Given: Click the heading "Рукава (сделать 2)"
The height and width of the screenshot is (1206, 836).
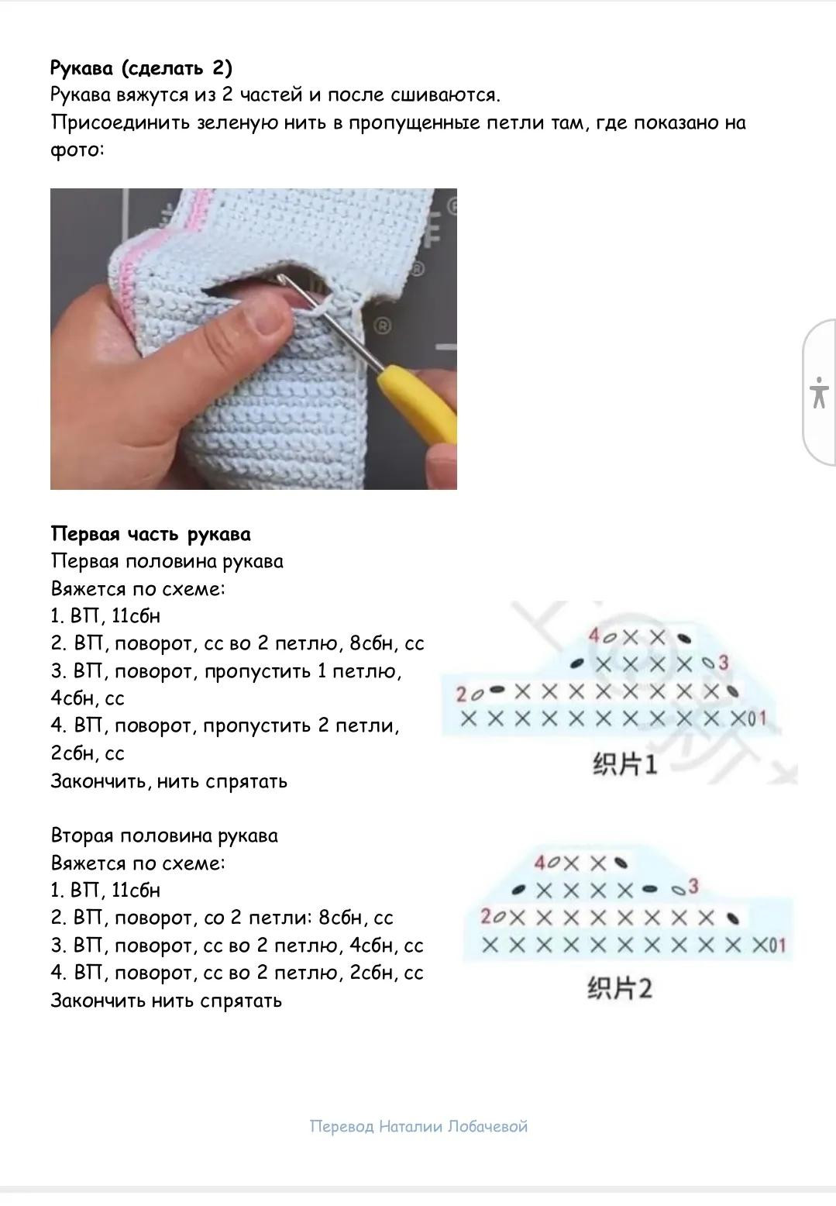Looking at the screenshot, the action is tap(141, 68).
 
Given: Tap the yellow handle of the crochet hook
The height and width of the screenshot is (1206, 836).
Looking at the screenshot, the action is tap(418, 401).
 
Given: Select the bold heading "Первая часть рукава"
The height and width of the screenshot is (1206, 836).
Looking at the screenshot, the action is tap(151, 534).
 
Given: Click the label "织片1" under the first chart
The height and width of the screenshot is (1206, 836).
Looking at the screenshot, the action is tap(625, 764).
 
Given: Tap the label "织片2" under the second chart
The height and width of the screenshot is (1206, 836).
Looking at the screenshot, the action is tap(619, 988).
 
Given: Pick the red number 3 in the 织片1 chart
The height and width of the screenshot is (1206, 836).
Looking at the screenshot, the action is tap(723, 662).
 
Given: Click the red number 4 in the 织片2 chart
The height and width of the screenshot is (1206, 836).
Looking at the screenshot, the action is tap(540, 863).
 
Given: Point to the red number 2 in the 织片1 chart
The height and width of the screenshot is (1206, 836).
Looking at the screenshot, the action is tap(461, 694).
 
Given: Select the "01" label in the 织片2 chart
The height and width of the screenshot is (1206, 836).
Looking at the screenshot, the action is tap(777, 945).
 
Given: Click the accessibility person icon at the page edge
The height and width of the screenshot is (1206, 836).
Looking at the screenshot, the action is tap(819, 392).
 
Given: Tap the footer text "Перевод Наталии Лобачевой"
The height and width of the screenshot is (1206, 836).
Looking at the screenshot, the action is tap(419, 1126).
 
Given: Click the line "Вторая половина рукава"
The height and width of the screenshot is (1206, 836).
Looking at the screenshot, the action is tap(164, 836).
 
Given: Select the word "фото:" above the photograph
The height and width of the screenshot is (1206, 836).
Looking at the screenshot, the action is tap(77, 150).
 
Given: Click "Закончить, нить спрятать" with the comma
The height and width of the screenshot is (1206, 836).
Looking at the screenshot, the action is tap(169, 780).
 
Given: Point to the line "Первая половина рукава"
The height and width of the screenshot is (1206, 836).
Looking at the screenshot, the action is tap(167, 561).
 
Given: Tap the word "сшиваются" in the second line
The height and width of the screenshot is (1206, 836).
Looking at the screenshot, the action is tap(445, 95).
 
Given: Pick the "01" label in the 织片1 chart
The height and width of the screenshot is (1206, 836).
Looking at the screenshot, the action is tap(757, 718).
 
